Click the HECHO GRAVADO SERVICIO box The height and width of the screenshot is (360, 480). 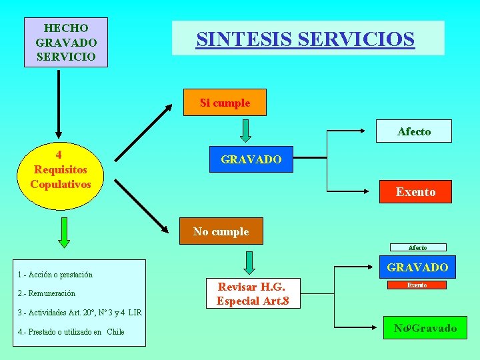tap(65, 42)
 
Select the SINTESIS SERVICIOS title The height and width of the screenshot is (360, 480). tap(305, 39)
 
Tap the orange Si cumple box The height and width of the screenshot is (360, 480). tap(225, 103)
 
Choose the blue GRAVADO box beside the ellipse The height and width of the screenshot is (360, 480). tap(251, 159)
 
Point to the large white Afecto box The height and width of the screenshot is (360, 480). tap(414, 131)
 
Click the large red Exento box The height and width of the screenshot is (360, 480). tap(415, 192)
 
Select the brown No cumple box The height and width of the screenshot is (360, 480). tap(221, 231)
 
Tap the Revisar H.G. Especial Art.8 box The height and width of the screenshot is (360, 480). tap(253, 293)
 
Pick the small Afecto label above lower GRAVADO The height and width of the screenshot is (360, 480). tap(417, 247)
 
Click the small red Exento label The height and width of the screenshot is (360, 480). tap(417, 285)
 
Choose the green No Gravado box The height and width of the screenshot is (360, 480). tap(425, 327)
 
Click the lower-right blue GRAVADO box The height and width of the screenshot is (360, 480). tap(417, 267)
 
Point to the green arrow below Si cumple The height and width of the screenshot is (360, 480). tap(245, 130)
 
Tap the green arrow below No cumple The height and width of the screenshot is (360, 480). tap(248, 262)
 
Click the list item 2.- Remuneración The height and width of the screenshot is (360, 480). tap(47, 293)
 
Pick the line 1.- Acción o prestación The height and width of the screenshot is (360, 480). tap(56, 275)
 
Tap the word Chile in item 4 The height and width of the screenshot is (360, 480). tap(115, 331)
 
